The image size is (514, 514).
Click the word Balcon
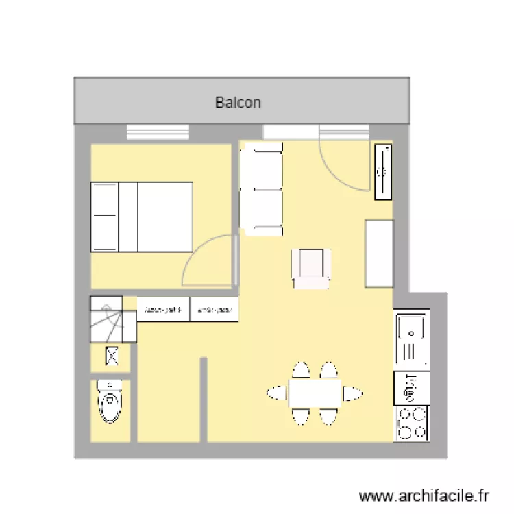coord(238,103)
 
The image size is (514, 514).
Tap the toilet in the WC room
coord(110,401)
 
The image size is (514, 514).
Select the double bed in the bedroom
coord(141,217)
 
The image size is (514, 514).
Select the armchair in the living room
coord(311,268)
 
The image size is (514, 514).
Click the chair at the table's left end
coord(277,393)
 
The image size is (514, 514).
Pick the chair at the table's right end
coord(354,393)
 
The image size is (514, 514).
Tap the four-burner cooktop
coord(411,423)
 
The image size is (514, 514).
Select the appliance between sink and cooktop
coord(411,388)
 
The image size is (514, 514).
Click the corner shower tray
coord(106,319)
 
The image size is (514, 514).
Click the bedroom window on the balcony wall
coord(158,132)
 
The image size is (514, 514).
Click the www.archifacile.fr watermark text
coord(425,495)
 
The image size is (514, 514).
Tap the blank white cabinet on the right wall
coord(379,254)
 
